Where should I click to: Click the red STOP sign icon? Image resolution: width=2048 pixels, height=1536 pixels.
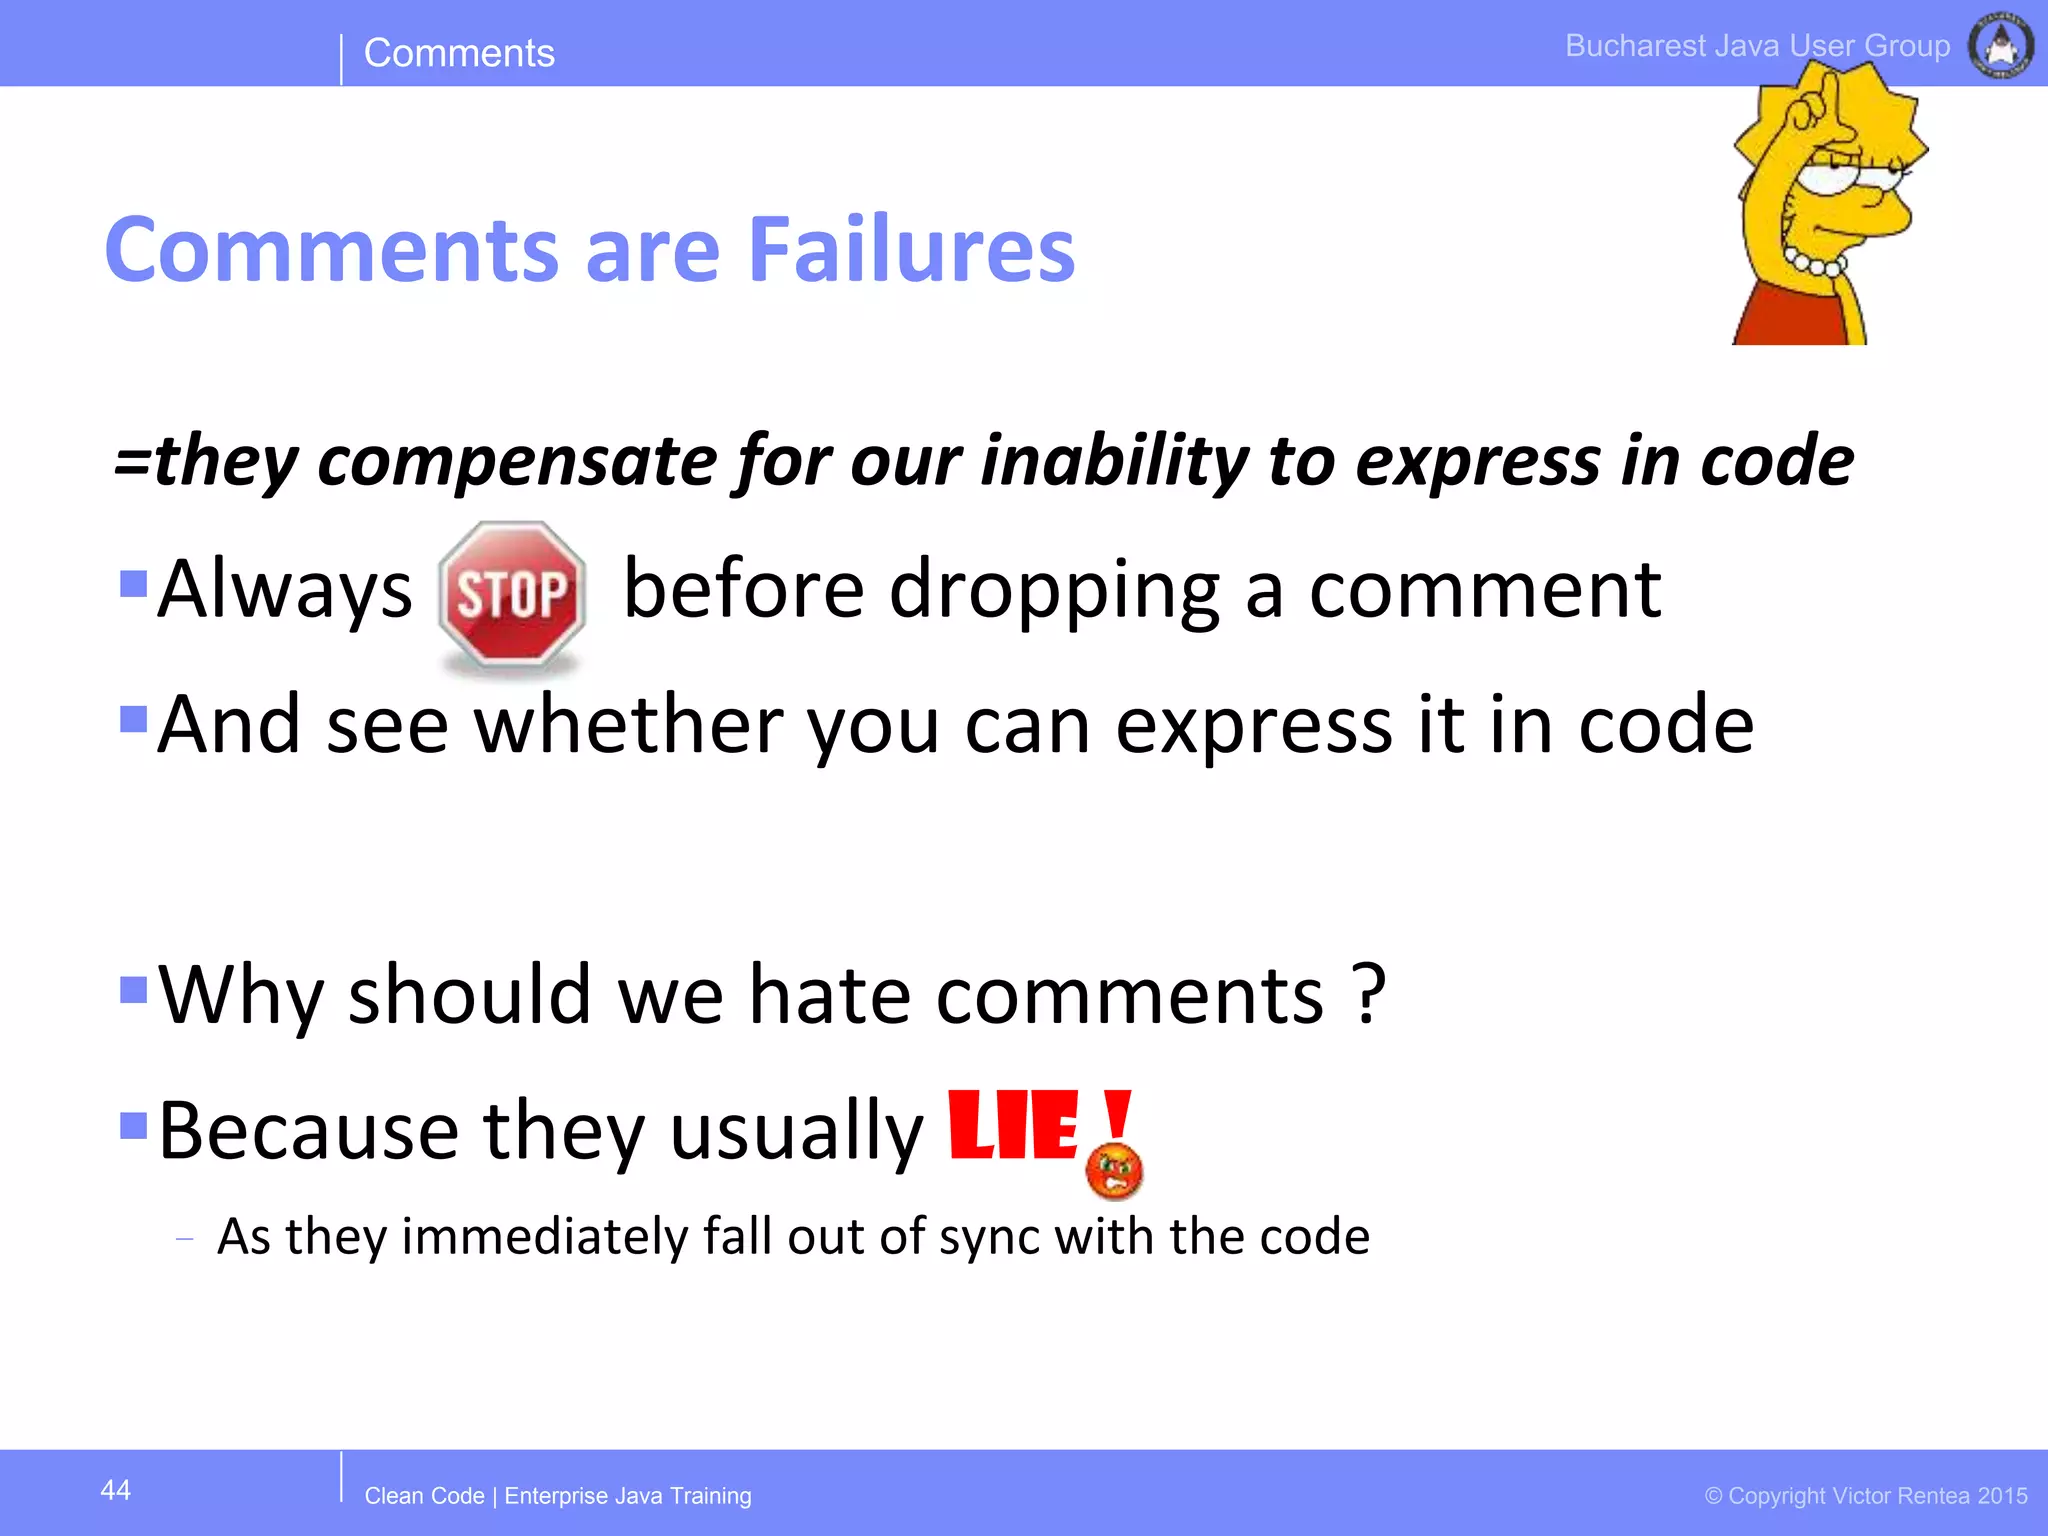pos(512,594)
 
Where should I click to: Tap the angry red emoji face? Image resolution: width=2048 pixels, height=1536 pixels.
pos(1114,1172)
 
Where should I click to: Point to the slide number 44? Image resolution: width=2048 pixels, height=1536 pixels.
pos(116,1490)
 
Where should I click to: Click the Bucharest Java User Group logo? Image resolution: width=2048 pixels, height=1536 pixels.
pos(2000,45)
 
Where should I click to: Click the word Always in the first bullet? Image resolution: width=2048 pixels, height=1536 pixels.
pos(285,590)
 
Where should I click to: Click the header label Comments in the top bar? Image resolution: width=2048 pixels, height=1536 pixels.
pos(459,53)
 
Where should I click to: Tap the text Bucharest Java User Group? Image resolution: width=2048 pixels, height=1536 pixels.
pos(1757,46)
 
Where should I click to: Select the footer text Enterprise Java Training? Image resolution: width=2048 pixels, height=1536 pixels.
pos(628,1496)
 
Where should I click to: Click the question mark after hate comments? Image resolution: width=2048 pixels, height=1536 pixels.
pos(1368,994)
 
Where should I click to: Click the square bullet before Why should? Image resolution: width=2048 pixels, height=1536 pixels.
pos(133,989)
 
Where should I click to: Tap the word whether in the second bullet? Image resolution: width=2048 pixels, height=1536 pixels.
pos(629,724)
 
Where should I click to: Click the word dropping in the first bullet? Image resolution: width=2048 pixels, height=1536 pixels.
pos(1054,590)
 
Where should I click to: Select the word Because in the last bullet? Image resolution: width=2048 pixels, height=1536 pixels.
pos(308,1131)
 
